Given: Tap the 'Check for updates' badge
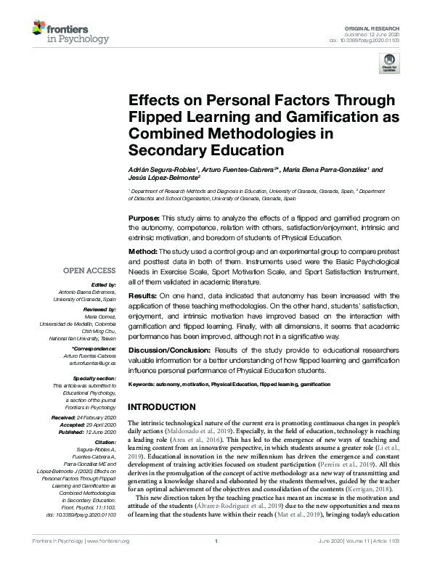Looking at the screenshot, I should (391, 62).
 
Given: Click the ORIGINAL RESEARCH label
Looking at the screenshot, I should (380, 26).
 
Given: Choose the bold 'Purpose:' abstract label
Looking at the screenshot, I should (144, 218).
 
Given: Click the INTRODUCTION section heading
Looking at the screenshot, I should (162, 406).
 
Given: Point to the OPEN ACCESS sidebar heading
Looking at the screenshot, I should (91, 271).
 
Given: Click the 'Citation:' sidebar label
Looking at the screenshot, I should (106, 441).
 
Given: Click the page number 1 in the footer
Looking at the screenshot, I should (216, 561).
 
